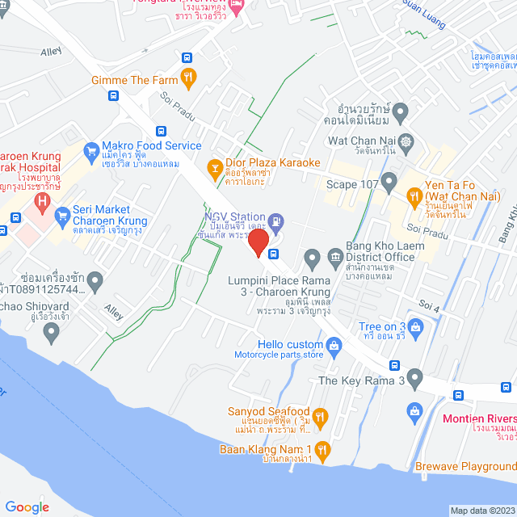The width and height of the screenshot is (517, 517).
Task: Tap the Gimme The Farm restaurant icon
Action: tap(188, 77)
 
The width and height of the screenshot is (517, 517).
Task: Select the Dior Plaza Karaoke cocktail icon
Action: tap(215, 167)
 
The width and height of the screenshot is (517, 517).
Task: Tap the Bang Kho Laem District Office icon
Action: tap(334, 258)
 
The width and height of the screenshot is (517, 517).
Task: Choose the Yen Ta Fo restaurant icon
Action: tap(414, 195)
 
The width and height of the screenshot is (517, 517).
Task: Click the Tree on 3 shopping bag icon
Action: tap(416, 327)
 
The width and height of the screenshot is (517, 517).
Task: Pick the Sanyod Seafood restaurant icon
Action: tap(320, 416)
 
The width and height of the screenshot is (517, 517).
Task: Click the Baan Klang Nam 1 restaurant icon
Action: tap(322, 450)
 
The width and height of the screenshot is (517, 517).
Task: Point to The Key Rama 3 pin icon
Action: tap(415, 378)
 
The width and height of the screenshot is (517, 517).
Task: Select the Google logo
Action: tap(27, 507)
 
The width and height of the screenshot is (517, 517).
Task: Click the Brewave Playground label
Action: tap(465, 467)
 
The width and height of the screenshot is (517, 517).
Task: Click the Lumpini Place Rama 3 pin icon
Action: tap(313, 258)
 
